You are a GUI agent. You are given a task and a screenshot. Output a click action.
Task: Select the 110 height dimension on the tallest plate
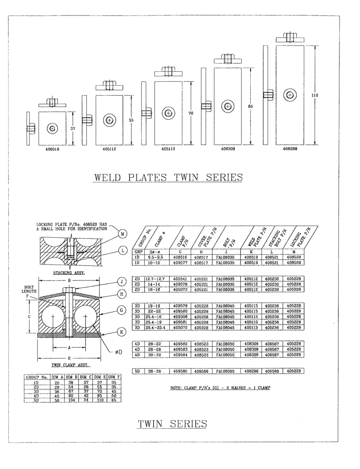pos(314,95)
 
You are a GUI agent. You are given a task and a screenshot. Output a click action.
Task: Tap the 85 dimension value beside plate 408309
pos(251,106)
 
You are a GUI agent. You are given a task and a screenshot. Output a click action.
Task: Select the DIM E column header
pos(98,377)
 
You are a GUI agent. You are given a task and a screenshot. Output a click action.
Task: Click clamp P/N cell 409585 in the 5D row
pos(180,371)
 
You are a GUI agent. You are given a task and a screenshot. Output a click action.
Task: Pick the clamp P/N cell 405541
pos(180,279)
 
